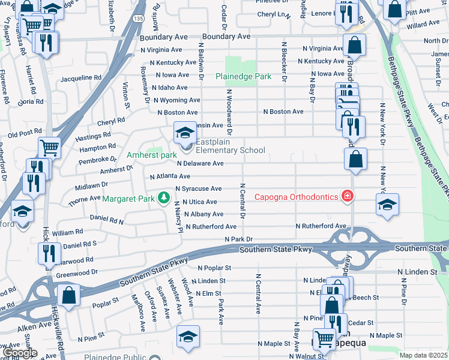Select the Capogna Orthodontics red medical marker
(x=346, y=196)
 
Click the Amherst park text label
(x=151, y=155)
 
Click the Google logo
(x=20, y=353)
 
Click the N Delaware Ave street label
(x=200, y=163)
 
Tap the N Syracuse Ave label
(x=198, y=188)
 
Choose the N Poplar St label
(x=213, y=268)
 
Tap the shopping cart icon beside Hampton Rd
(x=49, y=147)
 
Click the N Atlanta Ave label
(x=170, y=176)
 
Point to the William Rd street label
(x=67, y=232)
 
